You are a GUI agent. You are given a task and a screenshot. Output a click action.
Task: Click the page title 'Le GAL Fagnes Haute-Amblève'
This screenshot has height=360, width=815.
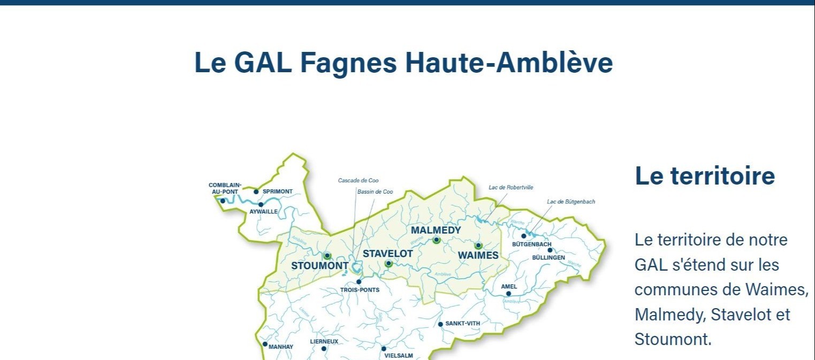point(403,63)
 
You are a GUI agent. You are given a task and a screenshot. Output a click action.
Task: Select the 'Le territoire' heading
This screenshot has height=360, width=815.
point(704,175)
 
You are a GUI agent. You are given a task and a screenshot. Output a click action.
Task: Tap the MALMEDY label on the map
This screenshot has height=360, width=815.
point(436,230)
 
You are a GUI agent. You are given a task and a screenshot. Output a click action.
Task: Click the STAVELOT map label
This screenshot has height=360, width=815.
point(387,254)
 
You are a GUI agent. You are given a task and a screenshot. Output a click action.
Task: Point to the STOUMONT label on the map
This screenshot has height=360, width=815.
point(319,266)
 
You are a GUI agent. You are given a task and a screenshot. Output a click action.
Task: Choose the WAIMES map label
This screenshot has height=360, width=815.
point(478,256)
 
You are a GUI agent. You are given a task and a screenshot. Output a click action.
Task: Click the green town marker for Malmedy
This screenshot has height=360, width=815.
point(436,240)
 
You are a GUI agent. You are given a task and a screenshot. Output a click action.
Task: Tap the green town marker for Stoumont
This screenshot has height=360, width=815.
point(327,256)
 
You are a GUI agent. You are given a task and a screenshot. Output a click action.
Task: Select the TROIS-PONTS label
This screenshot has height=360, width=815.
point(360,290)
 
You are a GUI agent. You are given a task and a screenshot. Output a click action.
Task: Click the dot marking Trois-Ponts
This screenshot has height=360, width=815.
point(359,282)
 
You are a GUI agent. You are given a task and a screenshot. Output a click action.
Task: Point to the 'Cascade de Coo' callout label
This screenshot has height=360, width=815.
point(358,181)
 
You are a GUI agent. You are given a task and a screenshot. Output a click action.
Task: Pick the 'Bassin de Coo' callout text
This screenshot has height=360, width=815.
point(375,192)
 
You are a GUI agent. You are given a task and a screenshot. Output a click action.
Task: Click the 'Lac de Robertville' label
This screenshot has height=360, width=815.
point(511,188)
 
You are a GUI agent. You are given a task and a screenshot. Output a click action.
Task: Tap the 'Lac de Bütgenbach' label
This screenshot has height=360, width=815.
point(570,202)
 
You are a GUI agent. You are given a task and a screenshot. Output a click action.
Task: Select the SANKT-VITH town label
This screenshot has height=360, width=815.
point(462,324)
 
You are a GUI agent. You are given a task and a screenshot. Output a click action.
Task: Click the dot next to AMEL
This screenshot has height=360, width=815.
point(508,294)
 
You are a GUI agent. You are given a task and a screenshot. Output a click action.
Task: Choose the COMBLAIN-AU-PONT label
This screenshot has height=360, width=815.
point(225,188)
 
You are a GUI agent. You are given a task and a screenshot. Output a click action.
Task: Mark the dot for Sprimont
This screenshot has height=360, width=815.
point(256,192)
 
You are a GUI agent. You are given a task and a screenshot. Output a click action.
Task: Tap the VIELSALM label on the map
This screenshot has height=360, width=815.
point(399,355)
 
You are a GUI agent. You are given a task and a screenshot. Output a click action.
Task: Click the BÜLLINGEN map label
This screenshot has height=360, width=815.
point(549,258)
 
